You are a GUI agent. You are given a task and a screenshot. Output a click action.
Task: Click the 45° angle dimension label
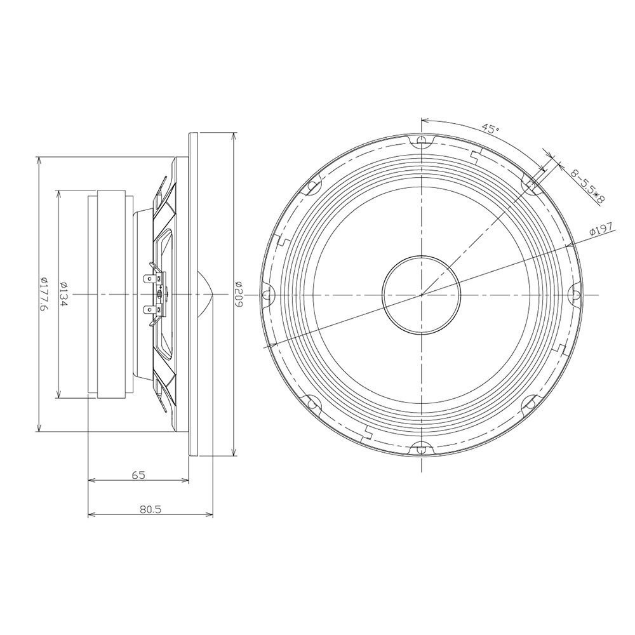[490, 129]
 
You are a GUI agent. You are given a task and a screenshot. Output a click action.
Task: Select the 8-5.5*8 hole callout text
[587, 187]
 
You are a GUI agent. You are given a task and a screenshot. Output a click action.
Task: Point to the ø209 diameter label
[239, 294]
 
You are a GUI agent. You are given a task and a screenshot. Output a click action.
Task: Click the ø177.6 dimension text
[44, 295]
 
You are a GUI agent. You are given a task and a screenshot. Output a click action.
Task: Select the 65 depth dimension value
[138, 475]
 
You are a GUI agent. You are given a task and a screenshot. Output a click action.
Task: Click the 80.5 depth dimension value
[150, 509]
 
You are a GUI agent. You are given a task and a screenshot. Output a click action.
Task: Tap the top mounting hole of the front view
[422, 139]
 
